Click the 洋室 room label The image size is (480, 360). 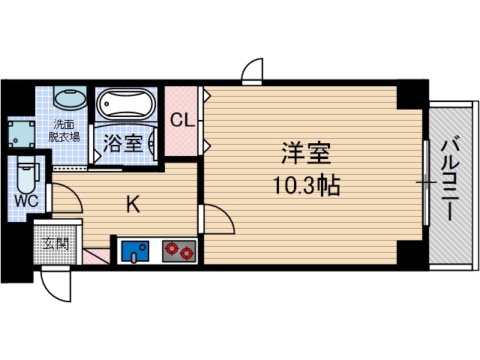click(x=306, y=154)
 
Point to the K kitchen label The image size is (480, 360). click(x=133, y=205)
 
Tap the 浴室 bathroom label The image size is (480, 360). click(x=123, y=142)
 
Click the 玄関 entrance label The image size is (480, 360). click(x=55, y=244)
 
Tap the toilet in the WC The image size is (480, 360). click(x=27, y=174)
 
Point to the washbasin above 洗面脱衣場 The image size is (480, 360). click(x=71, y=100)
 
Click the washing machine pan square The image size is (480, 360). click(x=20, y=133)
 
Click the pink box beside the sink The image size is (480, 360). click(x=96, y=255)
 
